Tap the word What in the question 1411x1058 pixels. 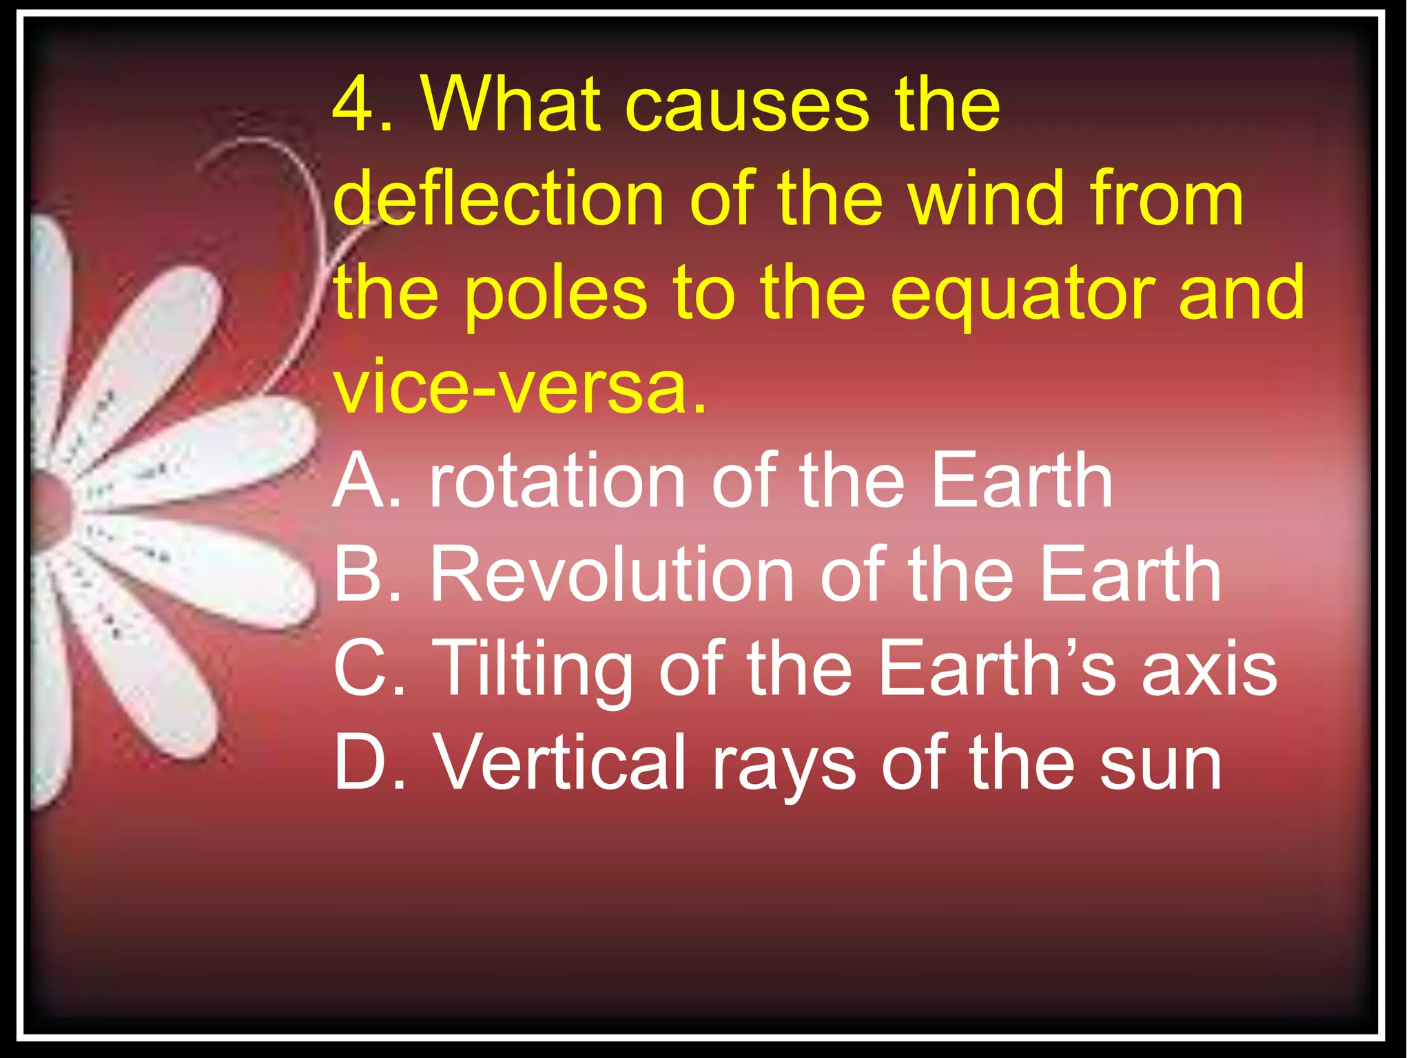[511, 105]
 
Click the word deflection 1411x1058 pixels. [498, 199]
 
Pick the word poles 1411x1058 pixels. [556, 294]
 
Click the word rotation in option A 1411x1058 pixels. [557, 481]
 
